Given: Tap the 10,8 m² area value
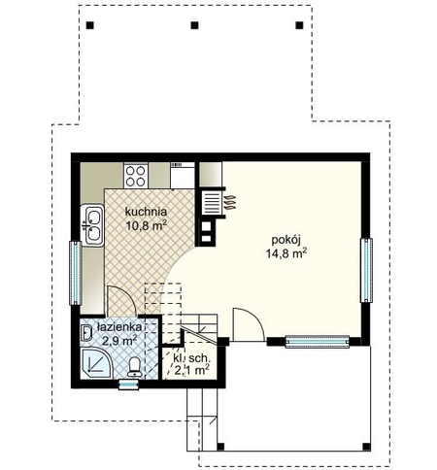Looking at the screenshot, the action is pos(146,225).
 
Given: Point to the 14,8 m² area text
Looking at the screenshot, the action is pos(286,253).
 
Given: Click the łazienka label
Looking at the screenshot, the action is pos(119,327).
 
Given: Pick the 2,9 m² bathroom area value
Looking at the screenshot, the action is pos(119,341).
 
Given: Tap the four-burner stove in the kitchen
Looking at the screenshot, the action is pos(136,176).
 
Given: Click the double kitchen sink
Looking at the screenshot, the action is pos(92,225).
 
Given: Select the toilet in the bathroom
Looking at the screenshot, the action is pos(134,367).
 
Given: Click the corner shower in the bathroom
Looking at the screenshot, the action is pos(96,363).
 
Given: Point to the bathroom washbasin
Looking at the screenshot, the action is pos(86,333).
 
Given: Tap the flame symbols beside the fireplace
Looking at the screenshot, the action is pos(230,203).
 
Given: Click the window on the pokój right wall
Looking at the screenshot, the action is pos(366,270).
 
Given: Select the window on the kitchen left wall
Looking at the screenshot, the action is pos(76,273).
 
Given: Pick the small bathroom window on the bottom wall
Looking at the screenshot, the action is pos(129,384).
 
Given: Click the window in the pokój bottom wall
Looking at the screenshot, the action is pos(318,342).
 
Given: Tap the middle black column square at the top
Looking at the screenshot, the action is pos(194,25).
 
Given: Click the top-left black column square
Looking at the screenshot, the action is pos(90,25).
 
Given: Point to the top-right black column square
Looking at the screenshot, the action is pos(299,25).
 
